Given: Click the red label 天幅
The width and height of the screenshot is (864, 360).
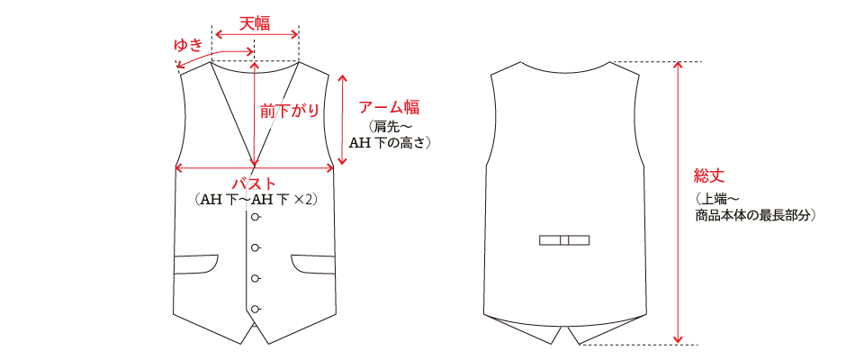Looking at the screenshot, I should (x=255, y=21).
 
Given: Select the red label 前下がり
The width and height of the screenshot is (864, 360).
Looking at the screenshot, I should (x=289, y=111).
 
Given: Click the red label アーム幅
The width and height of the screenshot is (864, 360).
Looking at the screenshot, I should (x=390, y=107).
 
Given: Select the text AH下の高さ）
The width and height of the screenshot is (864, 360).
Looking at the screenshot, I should (x=392, y=143).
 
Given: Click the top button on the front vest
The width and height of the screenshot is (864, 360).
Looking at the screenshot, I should (x=256, y=218).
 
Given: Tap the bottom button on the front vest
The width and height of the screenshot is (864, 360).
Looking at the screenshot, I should (x=256, y=309).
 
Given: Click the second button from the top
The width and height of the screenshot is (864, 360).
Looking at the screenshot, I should (x=256, y=247).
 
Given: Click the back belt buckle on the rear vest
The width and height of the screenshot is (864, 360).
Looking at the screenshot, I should (x=564, y=240).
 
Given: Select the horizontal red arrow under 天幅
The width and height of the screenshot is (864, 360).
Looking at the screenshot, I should (x=255, y=35).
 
